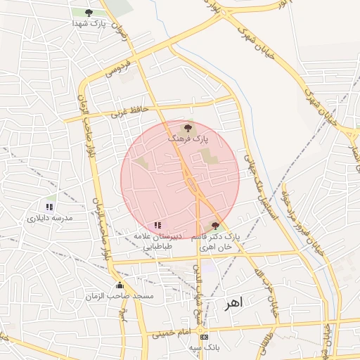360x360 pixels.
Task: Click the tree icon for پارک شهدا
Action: (x=88, y=13)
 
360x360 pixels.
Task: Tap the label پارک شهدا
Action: (x=88, y=23)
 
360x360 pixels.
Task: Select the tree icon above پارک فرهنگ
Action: (x=188, y=128)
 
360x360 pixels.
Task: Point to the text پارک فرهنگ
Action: (x=187, y=139)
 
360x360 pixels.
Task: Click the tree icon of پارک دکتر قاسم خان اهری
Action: (x=216, y=226)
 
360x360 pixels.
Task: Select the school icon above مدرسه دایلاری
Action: (x=49, y=207)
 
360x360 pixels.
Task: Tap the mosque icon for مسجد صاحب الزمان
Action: (x=120, y=285)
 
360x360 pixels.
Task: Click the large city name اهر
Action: (x=232, y=304)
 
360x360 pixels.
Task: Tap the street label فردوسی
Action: (x=118, y=69)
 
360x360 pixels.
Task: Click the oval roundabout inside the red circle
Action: (x=191, y=185)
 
